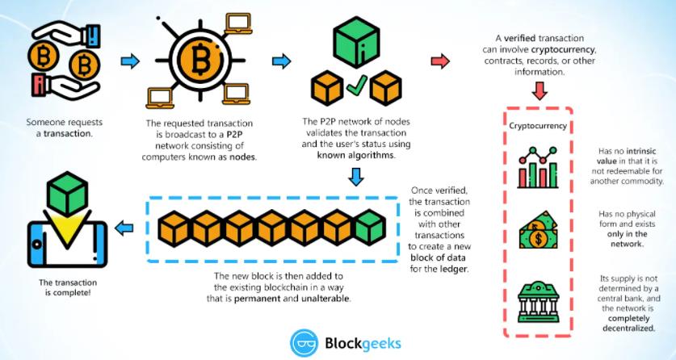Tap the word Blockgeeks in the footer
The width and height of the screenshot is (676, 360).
click(x=362, y=342)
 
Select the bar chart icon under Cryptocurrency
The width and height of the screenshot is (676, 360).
click(x=540, y=165)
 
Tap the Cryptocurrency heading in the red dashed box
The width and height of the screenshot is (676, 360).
click(x=537, y=126)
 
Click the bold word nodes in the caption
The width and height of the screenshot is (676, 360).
click(x=238, y=157)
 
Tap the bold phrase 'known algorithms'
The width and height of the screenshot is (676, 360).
click(x=356, y=154)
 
